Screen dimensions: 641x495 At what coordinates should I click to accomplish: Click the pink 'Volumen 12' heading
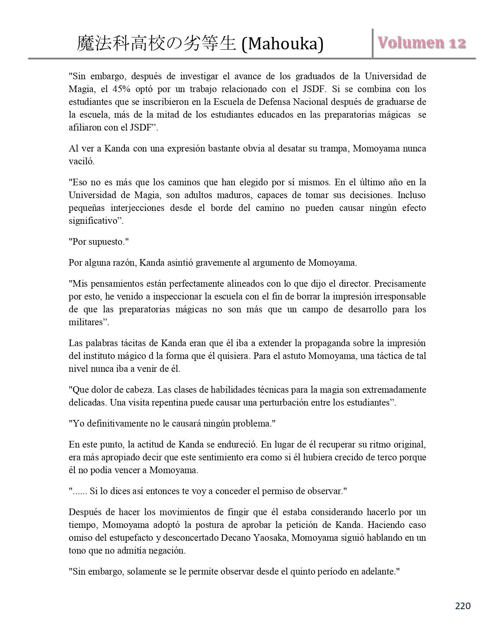coord(422,43)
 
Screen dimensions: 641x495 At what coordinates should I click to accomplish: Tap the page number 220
coord(462,606)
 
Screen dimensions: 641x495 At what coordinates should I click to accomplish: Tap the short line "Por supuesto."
coord(99,242)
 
